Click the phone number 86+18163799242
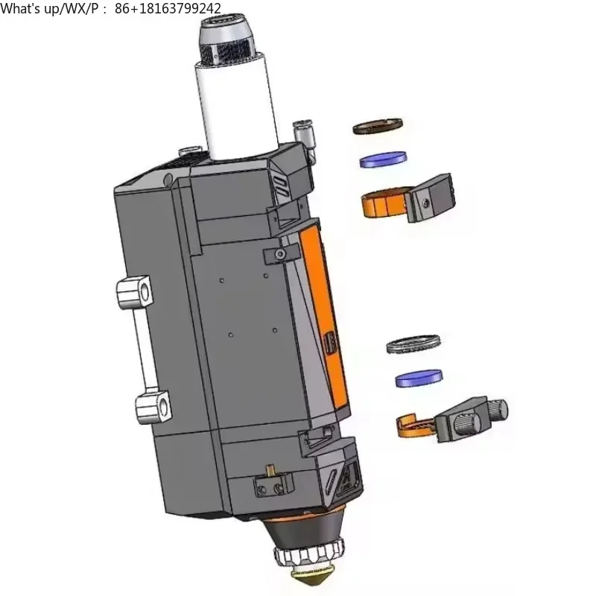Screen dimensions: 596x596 tap(168, 8)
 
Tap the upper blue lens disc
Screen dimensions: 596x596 tap(383, 159)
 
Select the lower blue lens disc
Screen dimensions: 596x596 tap(419, 378)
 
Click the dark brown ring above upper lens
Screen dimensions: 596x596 tap(378, 126)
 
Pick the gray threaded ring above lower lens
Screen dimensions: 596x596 tap(413, 343)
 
